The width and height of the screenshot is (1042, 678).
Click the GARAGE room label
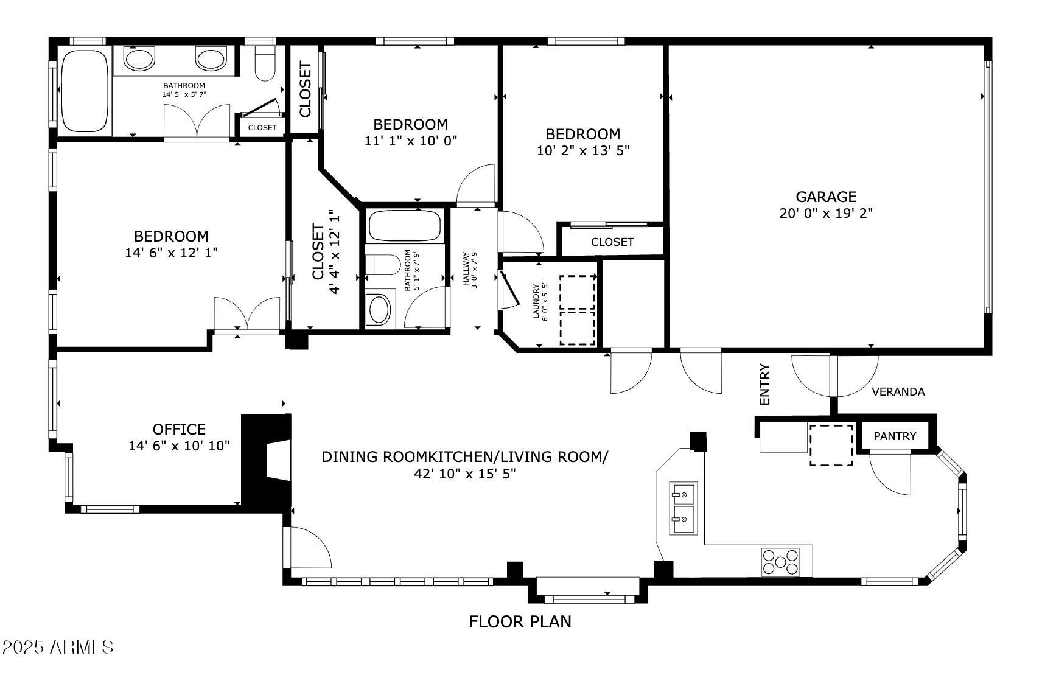(826, 197)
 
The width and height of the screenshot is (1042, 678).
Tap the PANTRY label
(894, 436)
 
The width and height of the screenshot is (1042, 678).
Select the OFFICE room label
(179, 429)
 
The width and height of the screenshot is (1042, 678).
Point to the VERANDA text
(898, 392)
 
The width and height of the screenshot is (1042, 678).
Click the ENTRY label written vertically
(765, 384)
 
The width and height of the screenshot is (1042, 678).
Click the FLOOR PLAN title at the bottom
(520, 621)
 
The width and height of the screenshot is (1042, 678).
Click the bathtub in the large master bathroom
(85, 91)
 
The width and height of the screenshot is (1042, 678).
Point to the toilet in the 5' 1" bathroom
(382, 265)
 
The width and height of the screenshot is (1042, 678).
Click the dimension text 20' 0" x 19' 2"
(826, 214)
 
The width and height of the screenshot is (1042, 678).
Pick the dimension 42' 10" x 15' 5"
(464, 474)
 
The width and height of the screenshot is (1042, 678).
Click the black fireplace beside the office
(266, 461)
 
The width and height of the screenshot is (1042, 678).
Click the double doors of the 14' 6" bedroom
(247, 315)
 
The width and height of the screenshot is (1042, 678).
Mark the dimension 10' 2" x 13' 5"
(582, 150)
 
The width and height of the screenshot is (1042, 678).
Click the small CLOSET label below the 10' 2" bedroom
(612, 242)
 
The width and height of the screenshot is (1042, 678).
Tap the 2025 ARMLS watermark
(57, 646)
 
